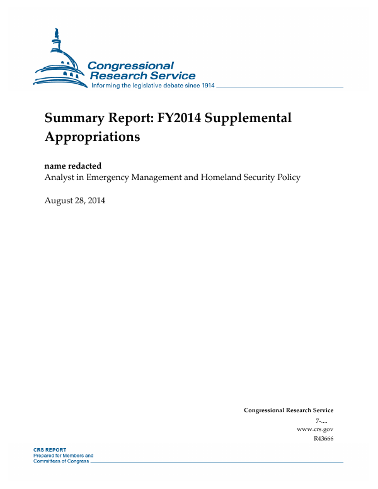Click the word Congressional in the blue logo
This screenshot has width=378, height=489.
130,65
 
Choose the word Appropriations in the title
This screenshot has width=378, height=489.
92,136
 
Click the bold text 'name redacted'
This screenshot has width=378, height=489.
72,166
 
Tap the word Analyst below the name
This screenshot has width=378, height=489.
60,177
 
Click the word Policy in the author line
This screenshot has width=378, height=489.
288,177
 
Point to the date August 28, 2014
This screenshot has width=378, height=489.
74,201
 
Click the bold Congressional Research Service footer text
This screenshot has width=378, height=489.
289,410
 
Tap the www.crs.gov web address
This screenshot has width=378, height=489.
314,429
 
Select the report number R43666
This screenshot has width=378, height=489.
323,439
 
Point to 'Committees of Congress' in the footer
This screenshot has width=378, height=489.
60,461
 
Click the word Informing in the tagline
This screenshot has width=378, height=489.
108,86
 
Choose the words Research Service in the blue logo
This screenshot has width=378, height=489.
143,76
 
